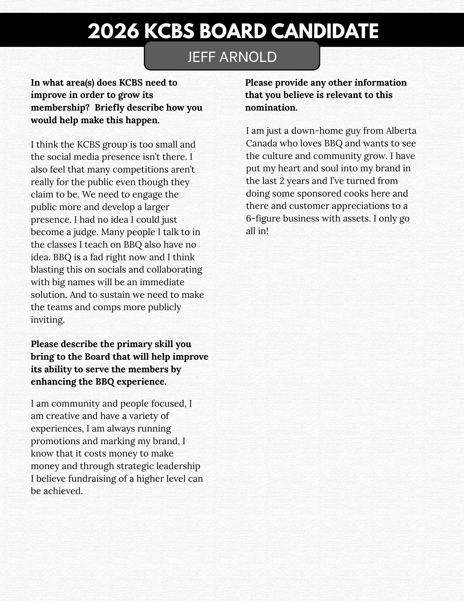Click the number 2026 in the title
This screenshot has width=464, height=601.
click(113, 31)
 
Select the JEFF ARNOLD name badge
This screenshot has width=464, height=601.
click(232, 56)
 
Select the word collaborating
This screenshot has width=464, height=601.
click(174, 270)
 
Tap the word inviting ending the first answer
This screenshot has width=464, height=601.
click(47, 320)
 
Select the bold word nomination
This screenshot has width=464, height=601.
click(271, 108)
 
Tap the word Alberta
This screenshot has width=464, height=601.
click(401, 131)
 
